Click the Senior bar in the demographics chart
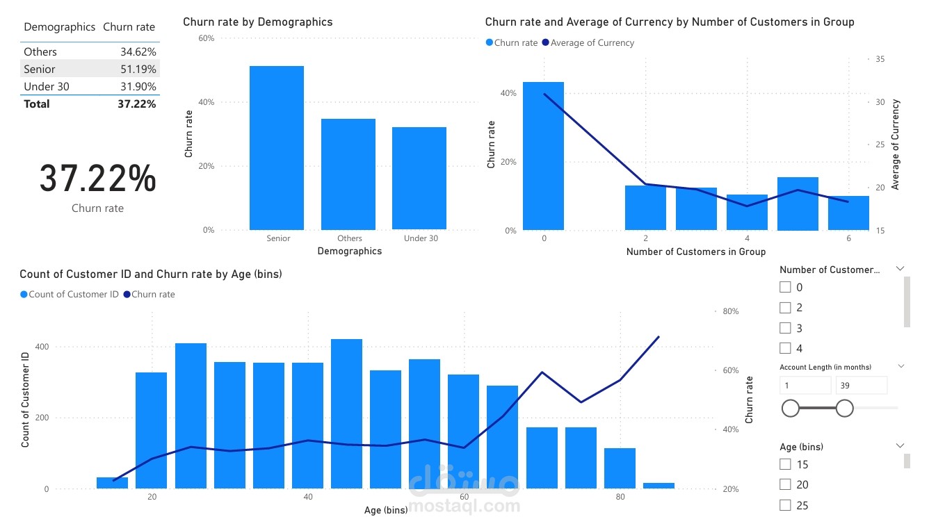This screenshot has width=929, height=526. [x=277, y=147]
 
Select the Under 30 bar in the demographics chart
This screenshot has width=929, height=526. [x=419, y=178]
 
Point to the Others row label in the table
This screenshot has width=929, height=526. [x=40, y=51]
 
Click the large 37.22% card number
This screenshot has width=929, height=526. [x=97, y=179]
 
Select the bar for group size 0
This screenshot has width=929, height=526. [x=543, y=156]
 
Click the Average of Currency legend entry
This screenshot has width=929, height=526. [x=592, y=43]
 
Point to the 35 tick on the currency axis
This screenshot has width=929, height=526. [x=880, y=60]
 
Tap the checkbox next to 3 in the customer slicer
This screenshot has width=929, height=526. [x=786, y=328]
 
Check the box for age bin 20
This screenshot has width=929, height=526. [x=786, y=484]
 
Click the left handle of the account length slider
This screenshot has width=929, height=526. [x=791, y=408]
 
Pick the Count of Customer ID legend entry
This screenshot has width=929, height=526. [x=73, y=295]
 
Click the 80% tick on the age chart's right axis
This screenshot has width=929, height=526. [x=730, y=311]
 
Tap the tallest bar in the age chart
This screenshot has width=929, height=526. [x=346, y=413]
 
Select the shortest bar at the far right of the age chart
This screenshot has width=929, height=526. [x=659, y=485]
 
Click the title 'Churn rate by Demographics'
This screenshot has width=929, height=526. [x=257, y=22]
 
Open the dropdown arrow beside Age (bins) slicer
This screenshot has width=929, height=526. [x=900, y=445]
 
